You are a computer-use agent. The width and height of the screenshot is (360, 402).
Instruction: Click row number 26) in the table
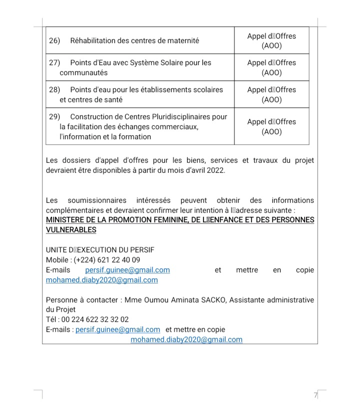(54, 41)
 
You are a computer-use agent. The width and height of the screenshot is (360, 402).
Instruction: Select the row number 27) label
(54, 63)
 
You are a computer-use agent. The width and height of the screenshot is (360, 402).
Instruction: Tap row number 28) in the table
(54, 90)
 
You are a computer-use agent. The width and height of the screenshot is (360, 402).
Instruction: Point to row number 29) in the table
(54, 117)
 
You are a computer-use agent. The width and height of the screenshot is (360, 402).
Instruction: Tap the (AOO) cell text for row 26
(271, 46)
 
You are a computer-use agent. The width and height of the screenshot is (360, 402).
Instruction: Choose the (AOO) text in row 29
(271, 132)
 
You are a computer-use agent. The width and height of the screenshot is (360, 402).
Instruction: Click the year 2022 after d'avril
(215, 170)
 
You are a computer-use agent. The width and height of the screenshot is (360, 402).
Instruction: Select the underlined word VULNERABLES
(71, 230)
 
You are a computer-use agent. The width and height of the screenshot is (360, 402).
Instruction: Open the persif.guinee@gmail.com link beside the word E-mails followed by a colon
(117, 329)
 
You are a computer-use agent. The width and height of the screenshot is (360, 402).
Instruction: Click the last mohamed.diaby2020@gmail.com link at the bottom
(186, 339)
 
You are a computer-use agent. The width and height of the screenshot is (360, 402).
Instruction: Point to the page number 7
(315, 395)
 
